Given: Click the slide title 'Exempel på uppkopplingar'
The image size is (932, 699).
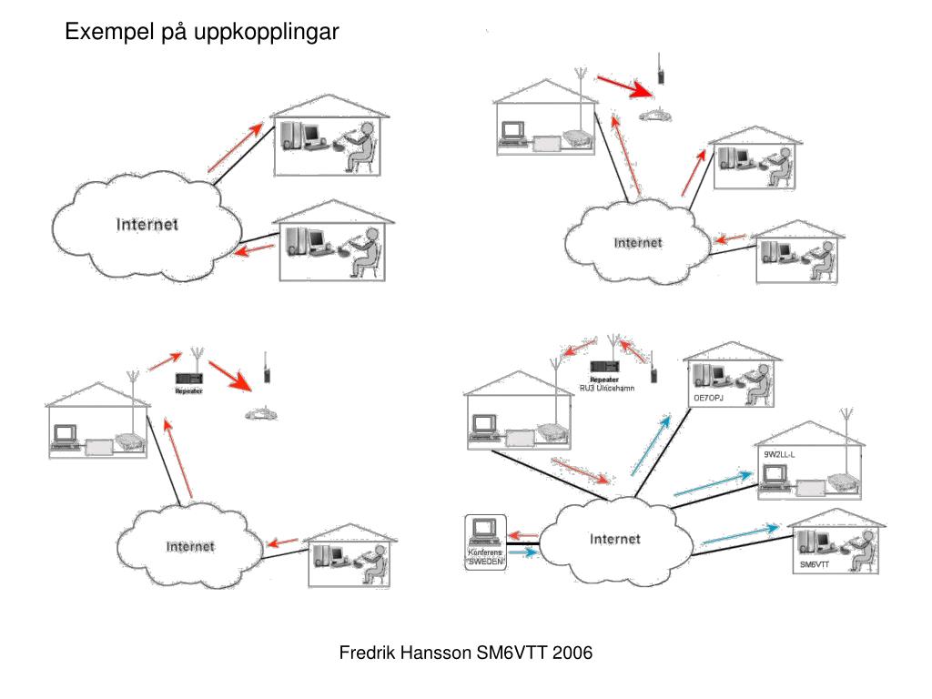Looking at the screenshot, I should (201, 33).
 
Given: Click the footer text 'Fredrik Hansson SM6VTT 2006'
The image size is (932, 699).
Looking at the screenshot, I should (466, 653).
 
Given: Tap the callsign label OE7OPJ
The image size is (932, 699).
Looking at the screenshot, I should (713, 398).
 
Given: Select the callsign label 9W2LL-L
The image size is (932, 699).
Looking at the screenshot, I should (780, 453).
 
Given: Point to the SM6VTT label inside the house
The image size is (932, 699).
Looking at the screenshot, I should (815, 565).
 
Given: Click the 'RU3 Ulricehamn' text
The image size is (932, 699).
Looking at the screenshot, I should (607, 389).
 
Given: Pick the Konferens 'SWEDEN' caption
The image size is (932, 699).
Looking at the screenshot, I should (485, 557).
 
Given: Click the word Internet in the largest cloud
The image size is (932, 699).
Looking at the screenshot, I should (614, 539).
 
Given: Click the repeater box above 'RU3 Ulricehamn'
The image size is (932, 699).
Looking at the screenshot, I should (605, 366).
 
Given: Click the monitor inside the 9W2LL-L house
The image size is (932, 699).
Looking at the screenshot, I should (775, 474).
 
